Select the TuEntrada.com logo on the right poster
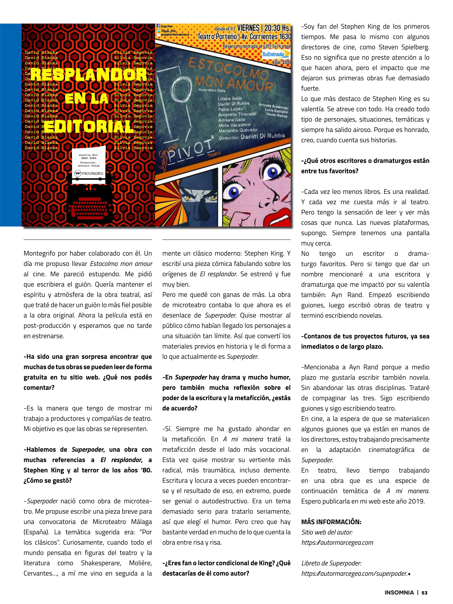pos(276,55)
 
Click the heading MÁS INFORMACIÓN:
pos(331,522)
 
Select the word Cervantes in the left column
pos(38,573)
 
